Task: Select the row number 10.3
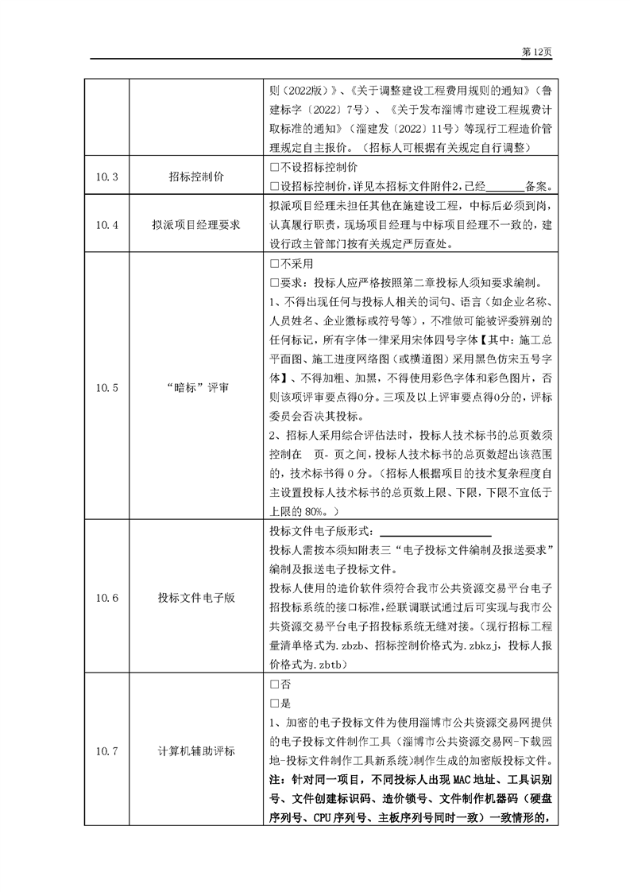106,176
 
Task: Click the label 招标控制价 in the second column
195,176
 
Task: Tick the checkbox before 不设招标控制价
274,168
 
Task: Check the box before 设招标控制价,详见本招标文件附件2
274,187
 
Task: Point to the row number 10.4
106,225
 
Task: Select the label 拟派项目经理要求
195,225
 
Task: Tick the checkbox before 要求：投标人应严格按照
274,282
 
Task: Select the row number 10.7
106,750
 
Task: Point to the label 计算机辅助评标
195,750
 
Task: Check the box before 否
274,684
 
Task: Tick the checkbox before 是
274,703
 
